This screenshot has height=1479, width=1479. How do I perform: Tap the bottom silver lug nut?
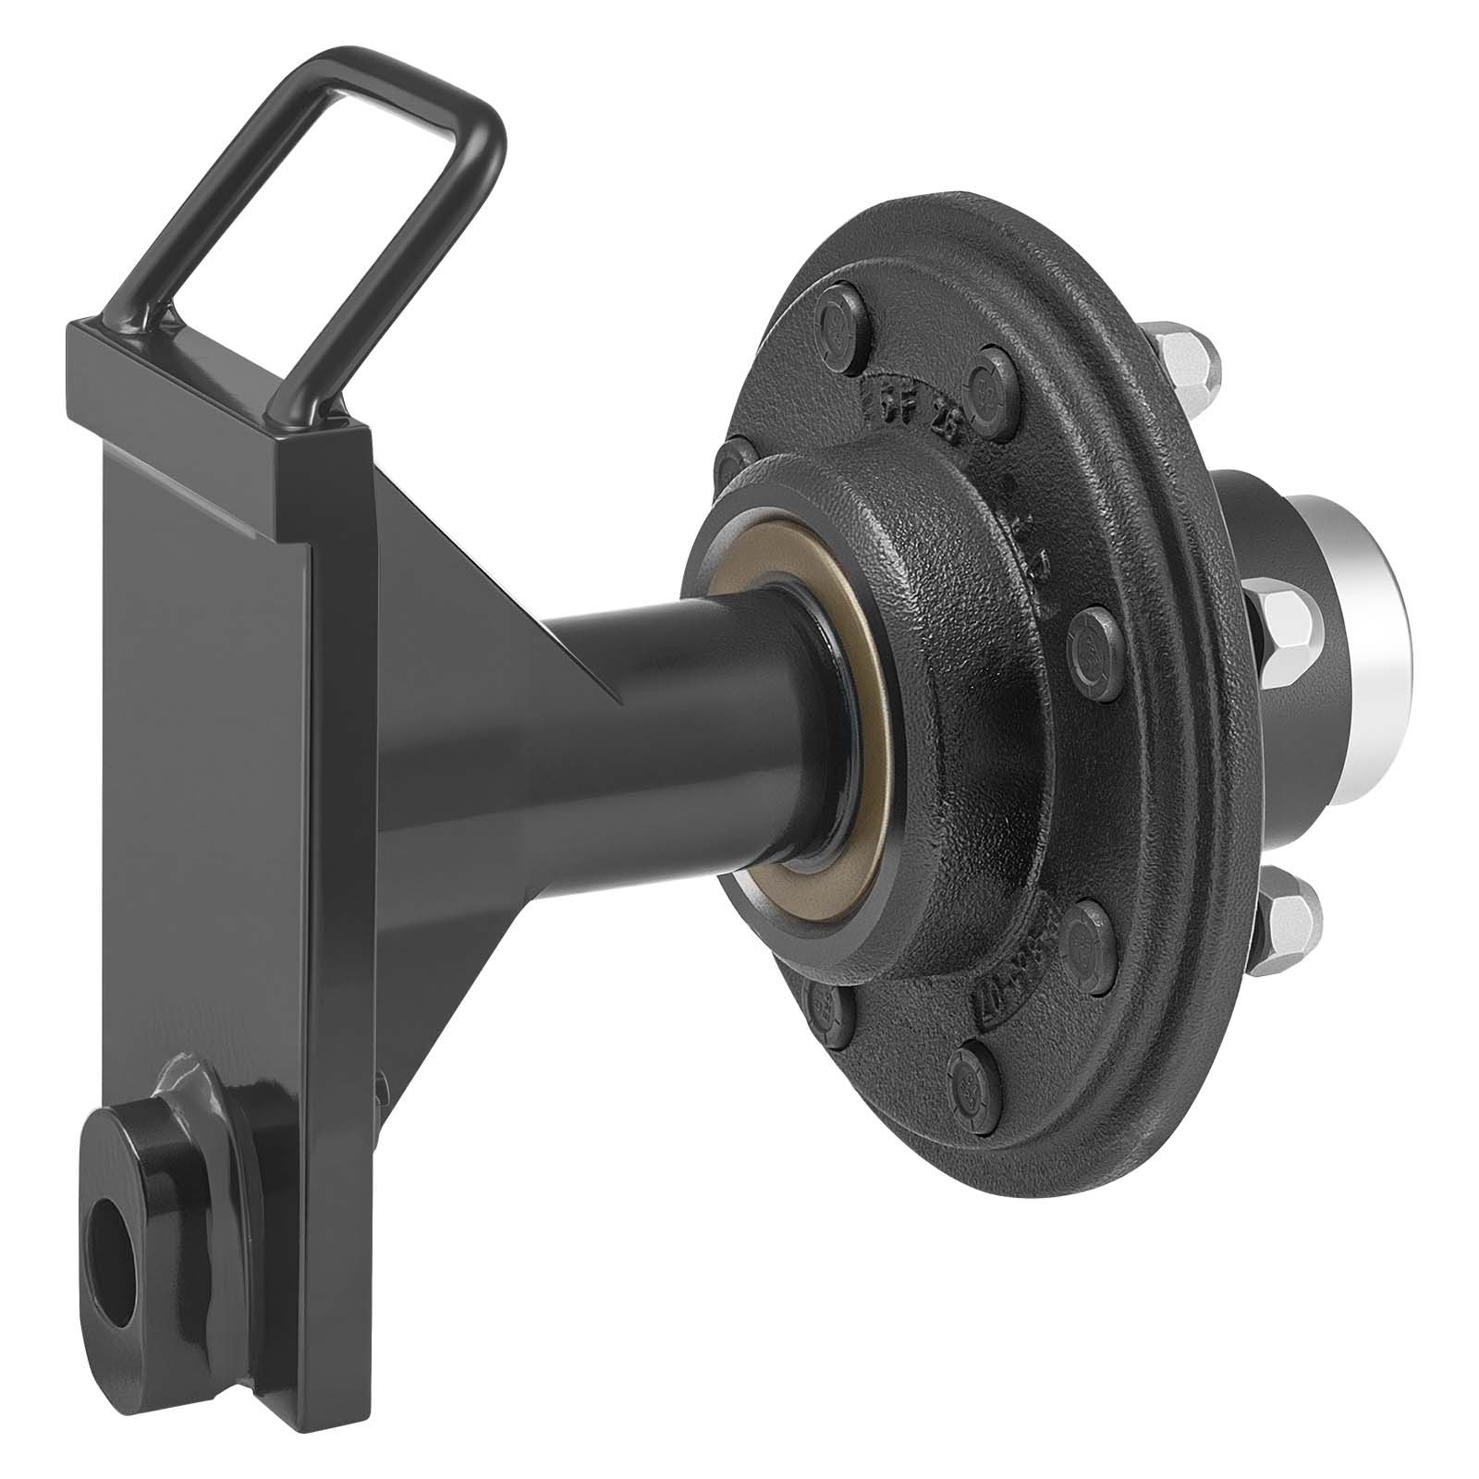tap(1292, 920)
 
